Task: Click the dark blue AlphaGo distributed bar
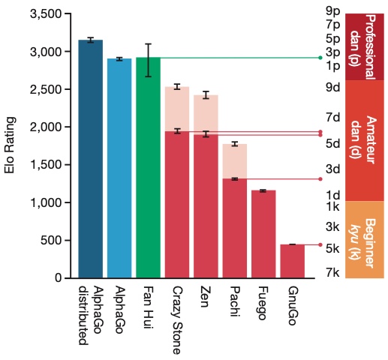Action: pos(90,159)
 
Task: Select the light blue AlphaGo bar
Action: pos(119,168)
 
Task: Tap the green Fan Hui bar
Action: pos(148,167)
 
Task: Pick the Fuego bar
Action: pos(263,234)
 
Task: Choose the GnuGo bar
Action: pos(292,261)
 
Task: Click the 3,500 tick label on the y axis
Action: pos(46,13)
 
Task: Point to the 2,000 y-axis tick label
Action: pos(46,127)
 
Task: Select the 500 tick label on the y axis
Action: pos(51,240)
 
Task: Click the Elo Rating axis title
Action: pos(10,145)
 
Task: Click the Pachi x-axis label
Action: pos(235,301)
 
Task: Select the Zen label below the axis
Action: pos(206,297)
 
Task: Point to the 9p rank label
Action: pos(333,10)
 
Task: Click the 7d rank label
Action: pos(333,117)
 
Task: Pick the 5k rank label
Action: pos(332,248)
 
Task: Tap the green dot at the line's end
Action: pos(320,58)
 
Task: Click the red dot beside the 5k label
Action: pos(320,244)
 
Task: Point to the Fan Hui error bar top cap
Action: pos(149,44)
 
